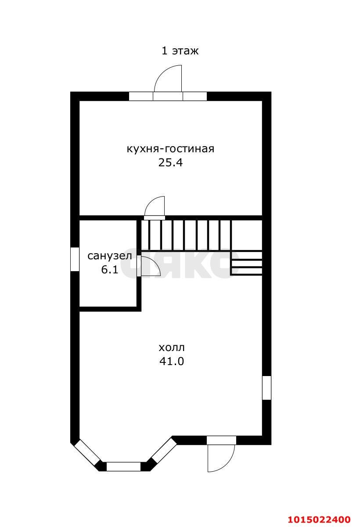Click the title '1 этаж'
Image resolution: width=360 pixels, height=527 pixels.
coord(180,51)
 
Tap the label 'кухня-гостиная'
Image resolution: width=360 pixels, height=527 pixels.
coord(170,149)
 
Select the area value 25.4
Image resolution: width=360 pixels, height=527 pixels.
coord(170,163)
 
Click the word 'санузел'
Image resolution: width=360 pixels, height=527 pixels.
coord(109,256)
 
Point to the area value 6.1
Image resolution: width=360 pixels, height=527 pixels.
coord(109,270)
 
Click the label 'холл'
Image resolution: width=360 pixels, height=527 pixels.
coord(172,348)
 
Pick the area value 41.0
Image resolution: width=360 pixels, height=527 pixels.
coord(172,362)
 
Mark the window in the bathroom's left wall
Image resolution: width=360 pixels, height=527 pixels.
coord(75,259)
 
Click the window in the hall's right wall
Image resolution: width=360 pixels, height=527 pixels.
coord(266,387)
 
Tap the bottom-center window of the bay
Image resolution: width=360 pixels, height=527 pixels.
coord(124,466)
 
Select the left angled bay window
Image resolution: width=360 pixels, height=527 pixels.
coord(87,452)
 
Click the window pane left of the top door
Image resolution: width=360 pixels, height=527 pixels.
coord(141,96)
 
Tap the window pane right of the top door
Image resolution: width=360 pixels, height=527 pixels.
coord(194,96)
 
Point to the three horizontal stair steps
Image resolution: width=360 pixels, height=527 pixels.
coord(246,263)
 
